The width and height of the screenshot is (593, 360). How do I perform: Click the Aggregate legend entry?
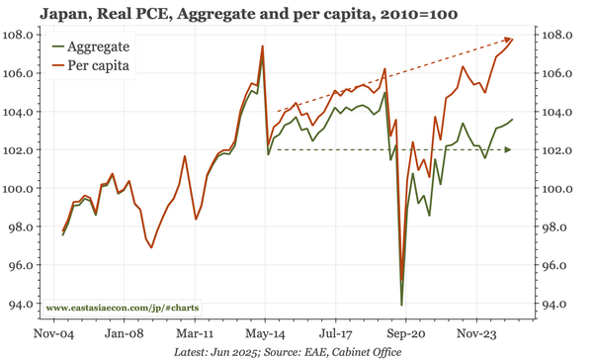[x=103, y=46]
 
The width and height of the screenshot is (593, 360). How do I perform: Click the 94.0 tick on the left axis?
[x=22, y=305]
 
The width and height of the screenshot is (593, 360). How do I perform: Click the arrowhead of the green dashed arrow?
[x=508, y=150]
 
